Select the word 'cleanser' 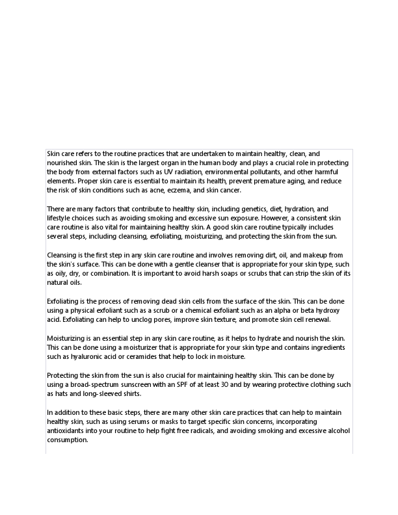(168, 265)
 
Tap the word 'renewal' (316, 321)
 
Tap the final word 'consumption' (67, 440)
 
